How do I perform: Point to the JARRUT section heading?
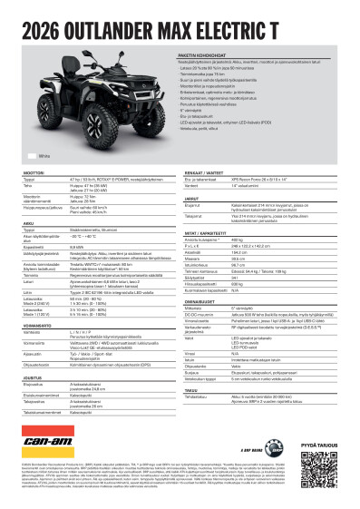(194, 196)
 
